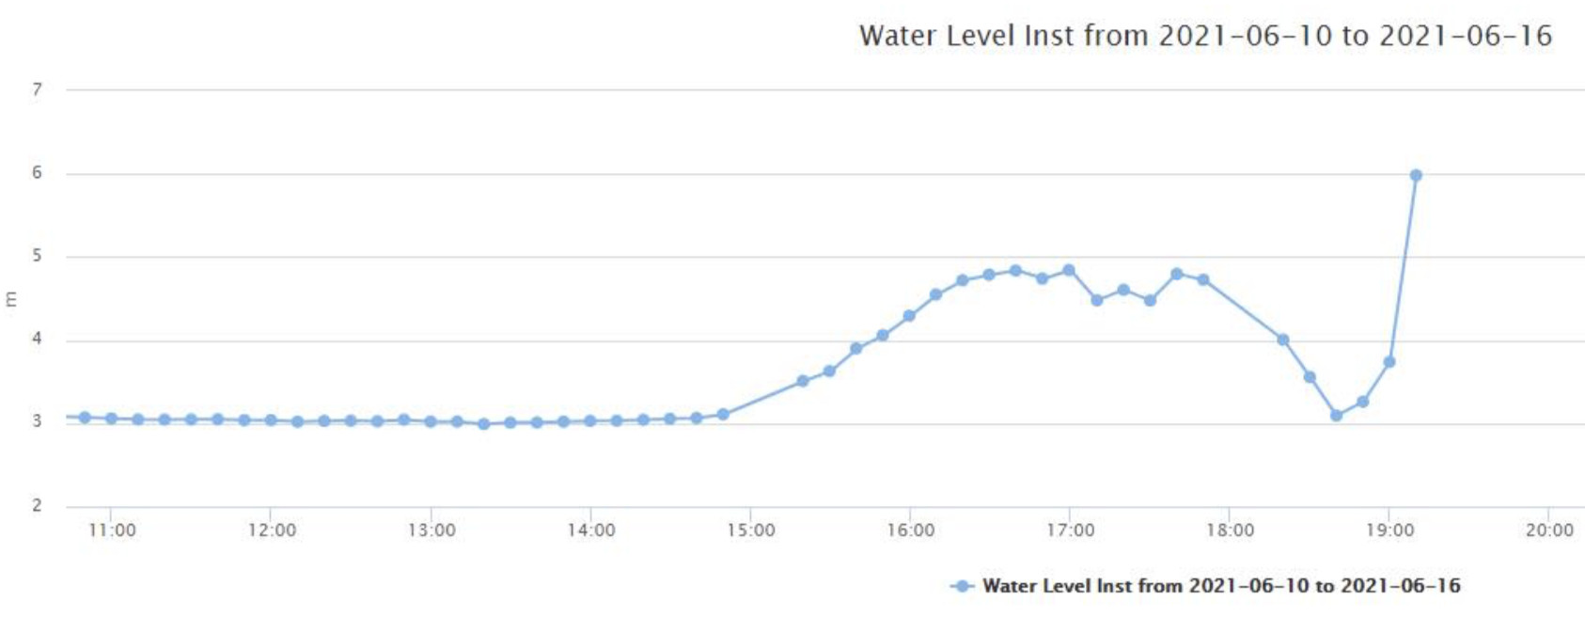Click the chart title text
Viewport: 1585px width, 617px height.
tap(1204, 36)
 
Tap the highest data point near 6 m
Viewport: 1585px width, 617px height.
tap(1416, 176)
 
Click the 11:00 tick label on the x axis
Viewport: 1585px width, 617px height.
tap(112, 530)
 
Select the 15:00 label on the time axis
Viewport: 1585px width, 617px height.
tap(750, 530)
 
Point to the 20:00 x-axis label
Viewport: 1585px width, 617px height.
tap(1548, 530)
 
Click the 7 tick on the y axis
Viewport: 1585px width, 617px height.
tap(38, 89)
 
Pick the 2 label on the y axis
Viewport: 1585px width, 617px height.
tap(38, 505)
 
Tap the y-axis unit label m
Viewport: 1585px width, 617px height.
tap(11, 299)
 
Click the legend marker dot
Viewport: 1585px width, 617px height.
tap(961, 586)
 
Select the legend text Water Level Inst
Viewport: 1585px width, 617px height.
tap(1221, 586)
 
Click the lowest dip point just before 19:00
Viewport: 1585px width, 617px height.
tap(1336, 415)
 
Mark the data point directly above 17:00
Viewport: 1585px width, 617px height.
tap(1069, 271)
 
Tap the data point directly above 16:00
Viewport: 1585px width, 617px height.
tap(909, 316)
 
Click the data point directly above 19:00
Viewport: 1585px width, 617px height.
tap(1389, 362)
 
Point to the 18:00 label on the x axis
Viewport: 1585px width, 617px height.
tap(1230, 530)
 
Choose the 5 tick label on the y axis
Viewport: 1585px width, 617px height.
tap(38, 256)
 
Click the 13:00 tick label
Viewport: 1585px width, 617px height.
tap(432, 530)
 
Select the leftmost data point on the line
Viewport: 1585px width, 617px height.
tap(85, 418)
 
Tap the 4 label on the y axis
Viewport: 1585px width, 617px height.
tap(38, 339)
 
